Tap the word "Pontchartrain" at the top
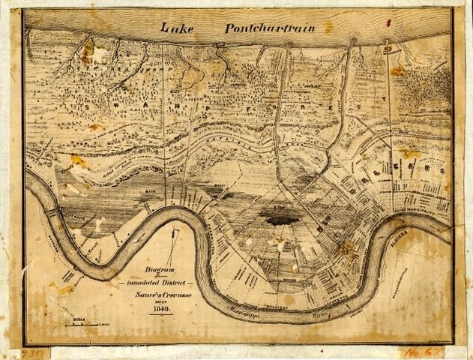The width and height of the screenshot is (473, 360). tap(268, 28)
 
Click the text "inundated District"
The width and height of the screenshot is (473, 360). tap(157, 283)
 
